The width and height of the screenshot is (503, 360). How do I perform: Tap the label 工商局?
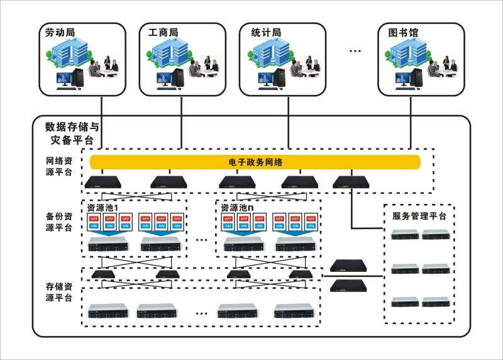point(163,32)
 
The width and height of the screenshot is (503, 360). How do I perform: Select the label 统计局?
point(265,32)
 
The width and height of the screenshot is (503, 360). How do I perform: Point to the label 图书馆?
point(404,32)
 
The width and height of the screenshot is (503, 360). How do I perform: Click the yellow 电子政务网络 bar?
point(255,162)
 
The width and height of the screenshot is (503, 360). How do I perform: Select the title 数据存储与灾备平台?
point(72,132)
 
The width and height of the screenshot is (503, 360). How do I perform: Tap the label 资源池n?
point(238,208)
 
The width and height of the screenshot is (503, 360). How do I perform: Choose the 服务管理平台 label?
point(415,217)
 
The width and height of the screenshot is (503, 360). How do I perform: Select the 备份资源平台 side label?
point(55,222)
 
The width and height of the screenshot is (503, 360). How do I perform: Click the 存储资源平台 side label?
point(55,291)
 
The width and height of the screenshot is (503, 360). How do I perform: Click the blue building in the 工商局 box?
point(170,53)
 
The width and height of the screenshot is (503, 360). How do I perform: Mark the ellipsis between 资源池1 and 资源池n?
point(202,240)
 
